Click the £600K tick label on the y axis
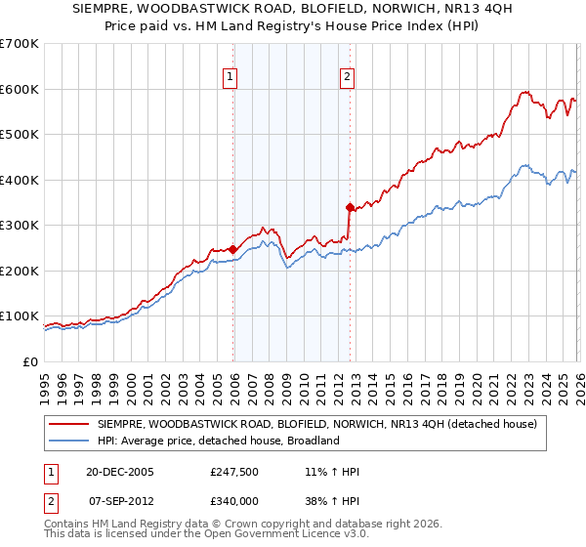point(20,89)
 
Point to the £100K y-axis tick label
point(20,316)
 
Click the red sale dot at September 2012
point(349,207)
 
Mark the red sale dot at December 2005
point(232,249)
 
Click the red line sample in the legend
point(70,425)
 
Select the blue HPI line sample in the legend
point(70,442)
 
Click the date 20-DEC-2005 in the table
point(120,472)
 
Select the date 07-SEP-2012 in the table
point(120,500)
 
